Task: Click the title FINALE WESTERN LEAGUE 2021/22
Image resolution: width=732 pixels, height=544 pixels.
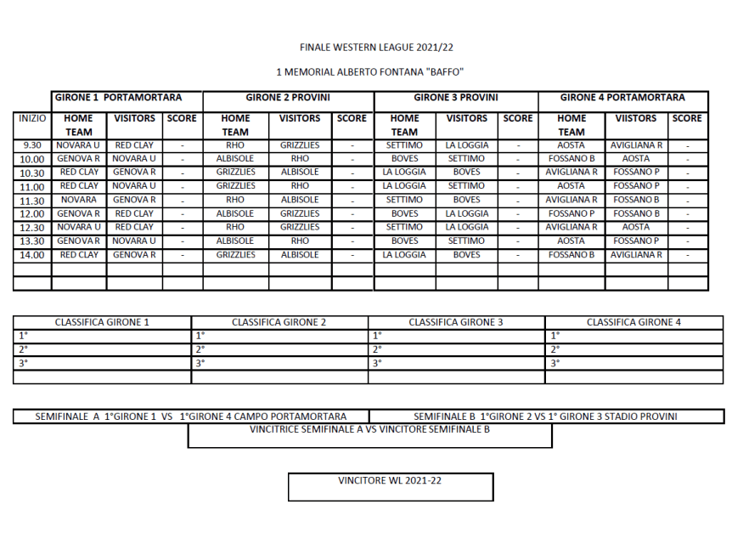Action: pos(382,48)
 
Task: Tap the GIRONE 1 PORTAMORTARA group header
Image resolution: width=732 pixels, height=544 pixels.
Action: pos(127,98)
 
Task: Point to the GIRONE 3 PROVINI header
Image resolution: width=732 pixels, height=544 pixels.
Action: pos(455,98)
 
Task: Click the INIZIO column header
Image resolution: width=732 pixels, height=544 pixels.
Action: pos(32,119)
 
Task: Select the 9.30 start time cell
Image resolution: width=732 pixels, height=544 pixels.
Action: pos(32,145)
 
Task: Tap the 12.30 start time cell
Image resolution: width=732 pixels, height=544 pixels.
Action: pos(32,228)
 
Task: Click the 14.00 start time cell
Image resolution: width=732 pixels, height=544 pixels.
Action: pos(32,255)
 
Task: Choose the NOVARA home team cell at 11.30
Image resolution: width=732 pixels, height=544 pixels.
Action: pos(79,200)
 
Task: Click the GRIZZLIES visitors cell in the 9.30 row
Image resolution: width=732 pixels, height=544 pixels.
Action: pos(300,145)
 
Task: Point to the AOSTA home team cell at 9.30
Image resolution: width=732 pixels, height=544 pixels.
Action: pos(572,145)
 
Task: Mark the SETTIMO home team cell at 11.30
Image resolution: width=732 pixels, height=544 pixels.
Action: pos(404,200)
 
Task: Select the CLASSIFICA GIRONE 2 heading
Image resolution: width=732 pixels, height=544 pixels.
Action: pos(279,323)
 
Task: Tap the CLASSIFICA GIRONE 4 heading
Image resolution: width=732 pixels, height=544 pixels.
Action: pos(633,323)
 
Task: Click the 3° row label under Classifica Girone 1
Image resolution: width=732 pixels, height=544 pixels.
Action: pos(24,363)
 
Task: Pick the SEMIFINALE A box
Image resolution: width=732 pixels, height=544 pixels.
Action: pos(191,416)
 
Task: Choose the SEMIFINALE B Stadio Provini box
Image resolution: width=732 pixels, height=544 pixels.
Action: pos(545,416)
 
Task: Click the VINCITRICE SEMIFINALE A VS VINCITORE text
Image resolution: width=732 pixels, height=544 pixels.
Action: pos(370,430)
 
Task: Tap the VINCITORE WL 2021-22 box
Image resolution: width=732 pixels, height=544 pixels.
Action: pos(390,486)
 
